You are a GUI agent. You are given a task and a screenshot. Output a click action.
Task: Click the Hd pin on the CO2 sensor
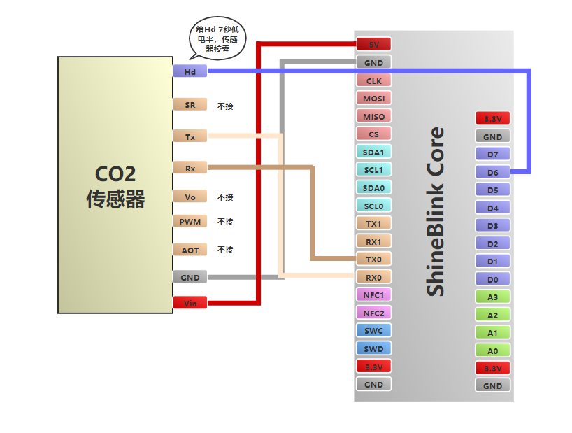click(190, 71)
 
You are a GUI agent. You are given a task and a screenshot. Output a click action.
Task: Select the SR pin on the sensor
click(190, 105)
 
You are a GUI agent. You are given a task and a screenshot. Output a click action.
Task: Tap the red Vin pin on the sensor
click(190, 303)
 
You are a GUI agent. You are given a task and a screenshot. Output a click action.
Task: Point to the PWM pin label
click(190, 222)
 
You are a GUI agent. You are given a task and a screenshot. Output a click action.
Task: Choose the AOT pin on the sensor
click(190, 250)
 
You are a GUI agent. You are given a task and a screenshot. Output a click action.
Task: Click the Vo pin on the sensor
click(190, 197)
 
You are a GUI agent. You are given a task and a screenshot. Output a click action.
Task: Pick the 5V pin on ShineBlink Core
click(373, 44)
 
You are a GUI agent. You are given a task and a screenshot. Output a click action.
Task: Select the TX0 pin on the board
click(373, 259)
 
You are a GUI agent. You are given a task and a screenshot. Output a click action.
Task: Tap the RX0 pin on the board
click(373, 277)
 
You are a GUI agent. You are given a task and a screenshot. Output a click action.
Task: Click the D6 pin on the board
click(492, 172)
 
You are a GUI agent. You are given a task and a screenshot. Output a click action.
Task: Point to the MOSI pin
click(373, 98)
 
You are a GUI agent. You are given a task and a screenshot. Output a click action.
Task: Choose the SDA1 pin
click(373, 152)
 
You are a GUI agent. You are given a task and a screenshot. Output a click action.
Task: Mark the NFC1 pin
click(373, 294)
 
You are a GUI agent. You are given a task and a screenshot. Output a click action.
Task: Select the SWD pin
click(373, 348)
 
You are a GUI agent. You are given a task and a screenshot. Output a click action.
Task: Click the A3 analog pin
click(492, 297)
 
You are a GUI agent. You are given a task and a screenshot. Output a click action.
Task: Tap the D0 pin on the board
click(492, 279)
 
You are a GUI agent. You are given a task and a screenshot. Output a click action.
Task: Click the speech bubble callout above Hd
click(217, 39)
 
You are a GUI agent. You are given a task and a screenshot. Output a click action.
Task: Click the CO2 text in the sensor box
click(115, 174)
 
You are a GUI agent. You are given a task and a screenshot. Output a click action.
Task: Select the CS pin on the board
click(373, 134)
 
